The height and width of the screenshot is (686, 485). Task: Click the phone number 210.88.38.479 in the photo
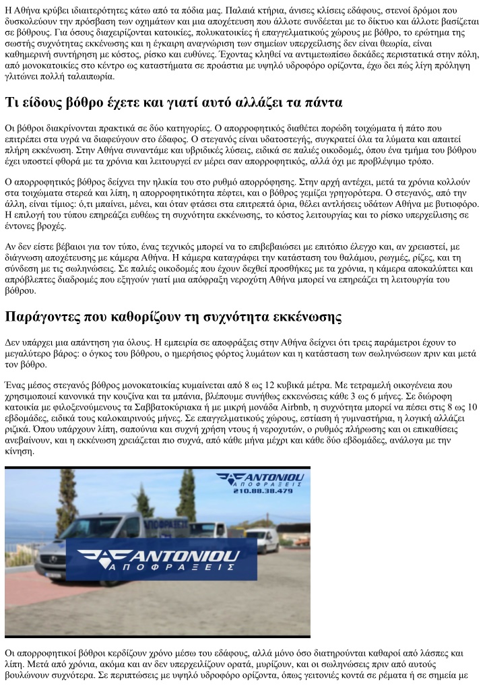263,491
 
